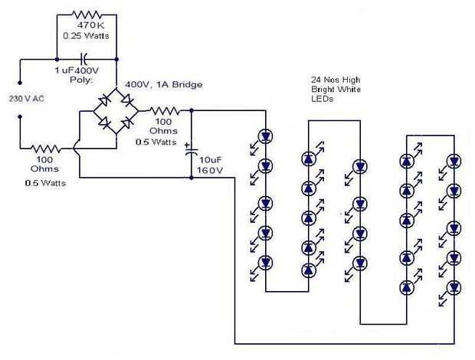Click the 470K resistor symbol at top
[x=87, y=14]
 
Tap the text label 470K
[x=87, y=25]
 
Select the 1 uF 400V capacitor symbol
[x=87, y=57]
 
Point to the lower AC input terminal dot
[x=20, y=117]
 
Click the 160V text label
[x=208, y=170]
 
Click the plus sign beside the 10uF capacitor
[x=186, y=143]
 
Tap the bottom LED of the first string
[x=266, y=262]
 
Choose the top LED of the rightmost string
[x=454, y=161]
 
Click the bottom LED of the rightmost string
[x=454, y=287]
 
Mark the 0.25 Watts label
[x=85, y=35]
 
